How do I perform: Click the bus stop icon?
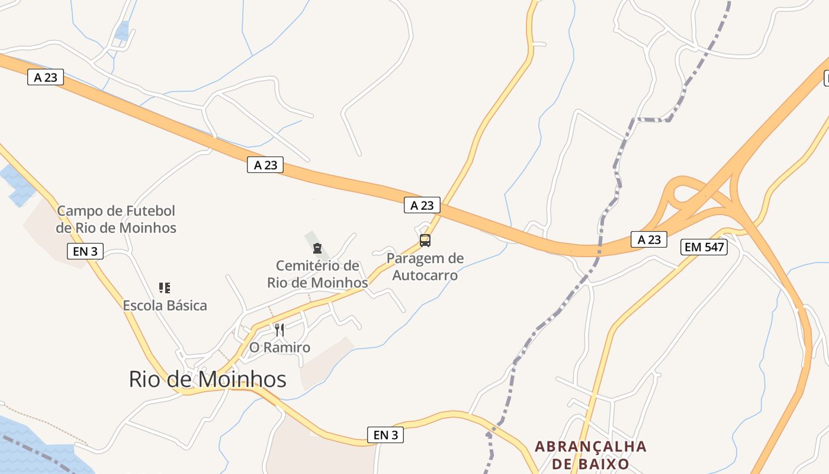click(x=425, y=241)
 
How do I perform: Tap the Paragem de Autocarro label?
click(x=425, y=267)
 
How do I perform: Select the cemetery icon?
click(x=317, y=248)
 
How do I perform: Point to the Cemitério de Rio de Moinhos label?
click(x=317, y=274)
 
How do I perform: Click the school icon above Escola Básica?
click(x=165, y=288)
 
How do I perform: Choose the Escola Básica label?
click(x=165, y=306)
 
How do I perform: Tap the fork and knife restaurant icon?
click(x=279, y=329)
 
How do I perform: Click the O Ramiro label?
click(x=279, y=347)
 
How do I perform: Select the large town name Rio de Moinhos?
click(x=207, y=379)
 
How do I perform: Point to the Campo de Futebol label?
click(x=116, y=219)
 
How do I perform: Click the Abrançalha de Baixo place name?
click(x=590, y=454)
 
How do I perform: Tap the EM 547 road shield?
click(x=704, y=247)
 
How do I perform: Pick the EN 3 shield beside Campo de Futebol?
click(x=85, y=251)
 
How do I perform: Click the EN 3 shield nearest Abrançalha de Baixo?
click(x=385, y=435)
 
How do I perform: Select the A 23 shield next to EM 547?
click(x=649, y=239)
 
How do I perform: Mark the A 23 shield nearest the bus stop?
click(x=422, y=206)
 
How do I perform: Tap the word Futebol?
click(x=150, y=211)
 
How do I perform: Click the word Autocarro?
click(x=425, y=276)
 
